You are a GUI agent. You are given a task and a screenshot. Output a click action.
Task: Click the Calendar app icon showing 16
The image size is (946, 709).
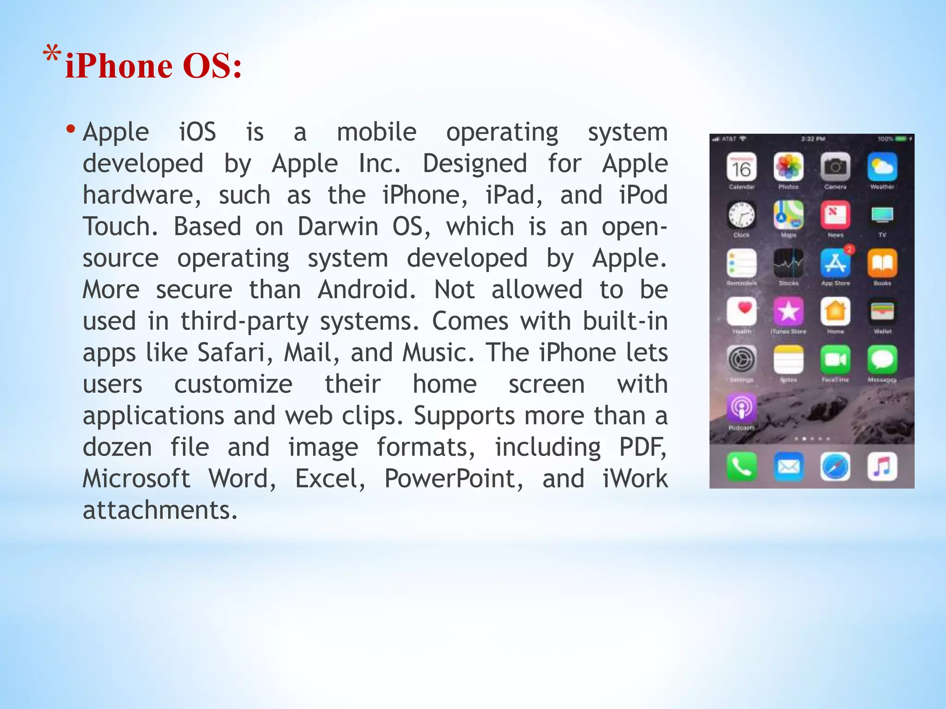point(741,167)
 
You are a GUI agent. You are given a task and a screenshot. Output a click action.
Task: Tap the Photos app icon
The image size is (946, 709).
point(788,167)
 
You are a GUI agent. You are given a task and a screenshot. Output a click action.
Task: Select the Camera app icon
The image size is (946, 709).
point(835,167)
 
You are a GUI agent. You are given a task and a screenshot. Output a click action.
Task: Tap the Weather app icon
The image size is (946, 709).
point(882,167)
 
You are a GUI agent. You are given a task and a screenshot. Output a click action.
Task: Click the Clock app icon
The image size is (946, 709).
point(741,215)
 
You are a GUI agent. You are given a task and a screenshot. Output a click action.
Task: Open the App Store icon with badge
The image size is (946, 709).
point(835,263)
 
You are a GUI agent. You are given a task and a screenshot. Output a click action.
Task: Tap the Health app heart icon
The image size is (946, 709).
point(741,311)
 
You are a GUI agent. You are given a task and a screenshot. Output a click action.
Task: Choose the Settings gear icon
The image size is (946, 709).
point(741,360)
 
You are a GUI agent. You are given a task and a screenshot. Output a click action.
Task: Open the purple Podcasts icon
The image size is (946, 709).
point(741,408)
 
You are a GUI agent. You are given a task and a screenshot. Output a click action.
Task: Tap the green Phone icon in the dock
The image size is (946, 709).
point(741,467)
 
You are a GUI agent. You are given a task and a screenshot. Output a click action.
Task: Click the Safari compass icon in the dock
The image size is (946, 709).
point(835,467)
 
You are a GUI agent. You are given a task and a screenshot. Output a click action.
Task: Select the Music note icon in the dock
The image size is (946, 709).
point(882,467)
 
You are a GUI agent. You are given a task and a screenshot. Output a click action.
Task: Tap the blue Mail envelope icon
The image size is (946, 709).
point(788,467)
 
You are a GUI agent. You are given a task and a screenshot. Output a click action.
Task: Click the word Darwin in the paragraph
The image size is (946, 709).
point(338,227)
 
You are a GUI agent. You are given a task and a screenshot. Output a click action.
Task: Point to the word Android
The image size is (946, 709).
point(367,290)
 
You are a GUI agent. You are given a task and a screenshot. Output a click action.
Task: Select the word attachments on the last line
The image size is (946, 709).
point(160,510)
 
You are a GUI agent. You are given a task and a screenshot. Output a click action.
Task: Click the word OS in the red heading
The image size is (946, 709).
point(212,66)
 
